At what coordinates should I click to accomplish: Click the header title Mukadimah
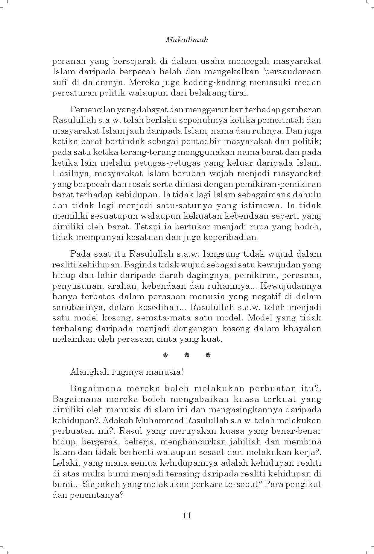tap(187, 40)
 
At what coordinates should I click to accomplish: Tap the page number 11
tap(187, 515)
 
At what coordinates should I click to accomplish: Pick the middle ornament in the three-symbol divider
tap(187, 355)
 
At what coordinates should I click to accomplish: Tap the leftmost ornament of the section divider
tap(165, 355)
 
